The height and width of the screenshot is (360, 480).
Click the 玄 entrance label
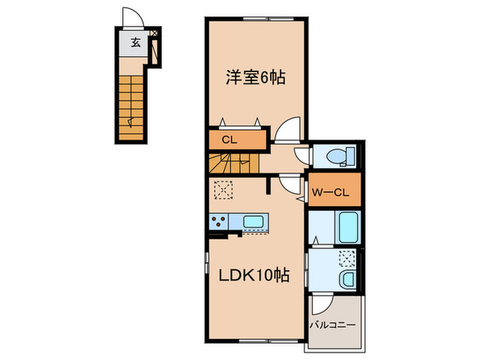(x=136, y=43)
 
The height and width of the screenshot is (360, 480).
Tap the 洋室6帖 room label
(x=256, y=77)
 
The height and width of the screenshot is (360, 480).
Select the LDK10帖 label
(x=254, y=275)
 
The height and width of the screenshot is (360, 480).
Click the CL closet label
(x=229, y=140)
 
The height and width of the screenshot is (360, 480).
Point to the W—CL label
(x=331, y=193)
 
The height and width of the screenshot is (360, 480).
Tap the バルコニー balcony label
(x=333, y=325)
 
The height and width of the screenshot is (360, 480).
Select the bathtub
(x=348, y=227)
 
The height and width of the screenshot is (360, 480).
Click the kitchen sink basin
(x=253, y=221)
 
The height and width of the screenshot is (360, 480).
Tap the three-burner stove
(x=219, y=221)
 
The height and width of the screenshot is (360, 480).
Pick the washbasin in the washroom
(x=348, y=279)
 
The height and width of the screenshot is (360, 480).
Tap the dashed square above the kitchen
(x=224, y=190)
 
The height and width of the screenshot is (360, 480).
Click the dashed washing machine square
(x=347, y=259)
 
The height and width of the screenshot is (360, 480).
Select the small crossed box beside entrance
(x=154, y=33)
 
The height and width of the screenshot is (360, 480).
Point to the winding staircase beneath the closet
(x=234, y=163)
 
